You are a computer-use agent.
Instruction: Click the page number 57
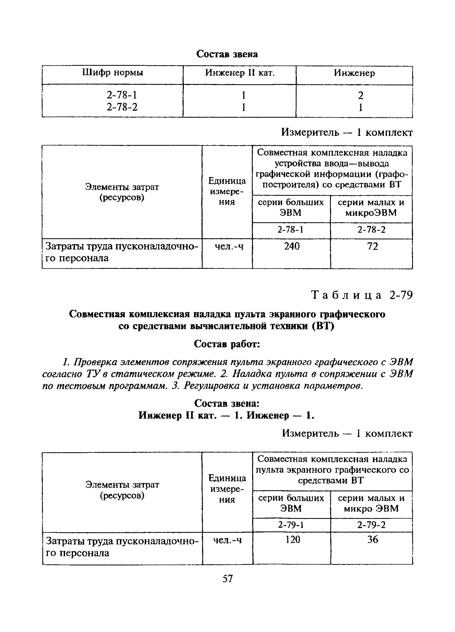[x=227, y=579]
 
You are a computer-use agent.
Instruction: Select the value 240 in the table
[x=292, y=246]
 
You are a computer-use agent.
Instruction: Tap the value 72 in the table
[x=373, y=246]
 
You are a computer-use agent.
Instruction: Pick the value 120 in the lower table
[x=293, y=539]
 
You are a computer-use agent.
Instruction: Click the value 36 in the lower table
[x=373, y=539]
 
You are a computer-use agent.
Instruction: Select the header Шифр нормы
[x=113, y=73]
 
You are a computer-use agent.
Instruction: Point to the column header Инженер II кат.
[x=240, y=73]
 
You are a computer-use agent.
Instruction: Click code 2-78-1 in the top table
[x=122, y=95]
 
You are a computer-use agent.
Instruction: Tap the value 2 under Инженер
[x=360, y=95]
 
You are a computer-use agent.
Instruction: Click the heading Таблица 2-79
[x=362, y=295]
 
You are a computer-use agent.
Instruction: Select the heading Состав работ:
[x=227, y=344]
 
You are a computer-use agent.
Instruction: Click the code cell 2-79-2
[x=371, y=525]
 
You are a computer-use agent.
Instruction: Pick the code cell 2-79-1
[x=291, y=525]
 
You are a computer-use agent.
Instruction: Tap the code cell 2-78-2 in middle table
[x=371, y=230]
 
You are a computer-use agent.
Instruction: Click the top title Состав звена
[x=227, y=54]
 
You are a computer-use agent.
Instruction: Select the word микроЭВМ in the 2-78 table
[x=371, y=213]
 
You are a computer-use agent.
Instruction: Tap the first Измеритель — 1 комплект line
[x=347, y=132]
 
